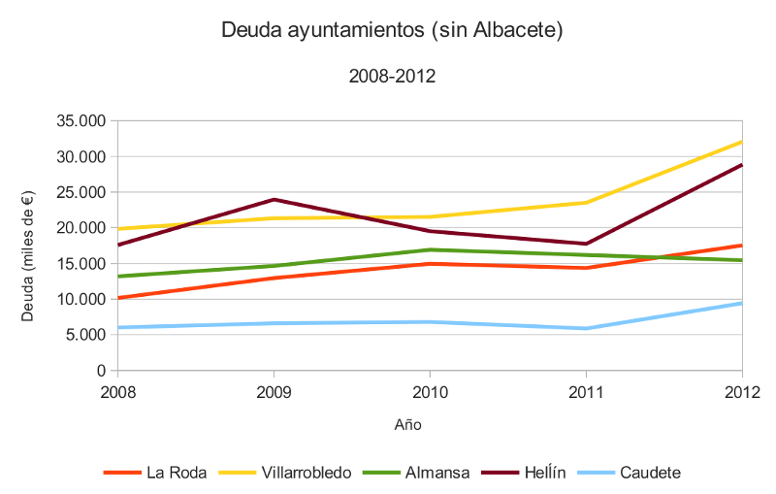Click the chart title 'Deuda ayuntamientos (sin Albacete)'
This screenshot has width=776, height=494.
pos(392,31)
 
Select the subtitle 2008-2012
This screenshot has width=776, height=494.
pos(392,76)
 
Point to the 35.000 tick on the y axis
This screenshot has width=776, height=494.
pos(81,121)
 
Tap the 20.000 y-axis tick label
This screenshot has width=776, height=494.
pos(81,228)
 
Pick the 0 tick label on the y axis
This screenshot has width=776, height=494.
pos(100,371)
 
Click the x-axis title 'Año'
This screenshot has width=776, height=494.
pos(408,424)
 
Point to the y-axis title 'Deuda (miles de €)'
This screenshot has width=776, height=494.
pos(28,247)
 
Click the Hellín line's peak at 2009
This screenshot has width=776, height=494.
pos(275,200)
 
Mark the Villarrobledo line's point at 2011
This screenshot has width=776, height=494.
pos(586,202)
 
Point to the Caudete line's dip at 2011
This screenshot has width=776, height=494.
pos(586,328)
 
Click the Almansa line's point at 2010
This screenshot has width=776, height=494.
pos(430,249)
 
